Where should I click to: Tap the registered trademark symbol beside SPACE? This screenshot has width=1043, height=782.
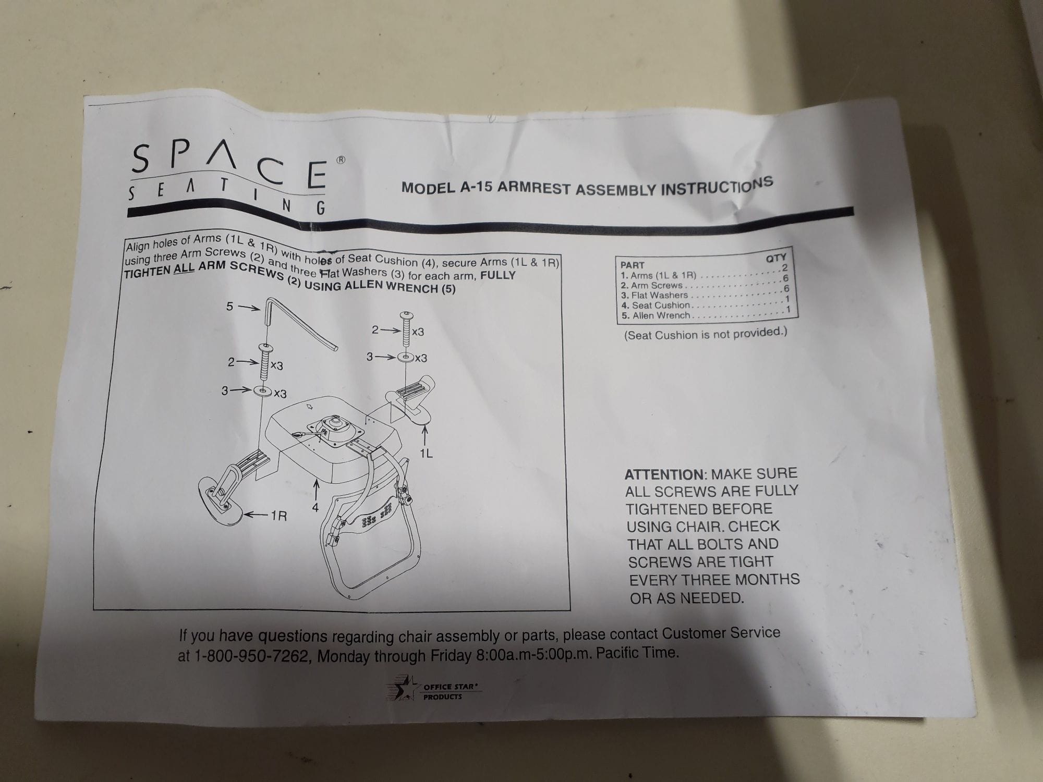(x=341, y=161)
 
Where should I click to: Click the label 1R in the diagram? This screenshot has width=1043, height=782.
(x=278, y=516)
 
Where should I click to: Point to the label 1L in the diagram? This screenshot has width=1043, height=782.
(x=426, y=453)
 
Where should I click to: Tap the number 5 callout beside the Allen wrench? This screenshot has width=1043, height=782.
(x=229, y=307)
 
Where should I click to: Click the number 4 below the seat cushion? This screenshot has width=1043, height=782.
(x=315, y=506)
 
